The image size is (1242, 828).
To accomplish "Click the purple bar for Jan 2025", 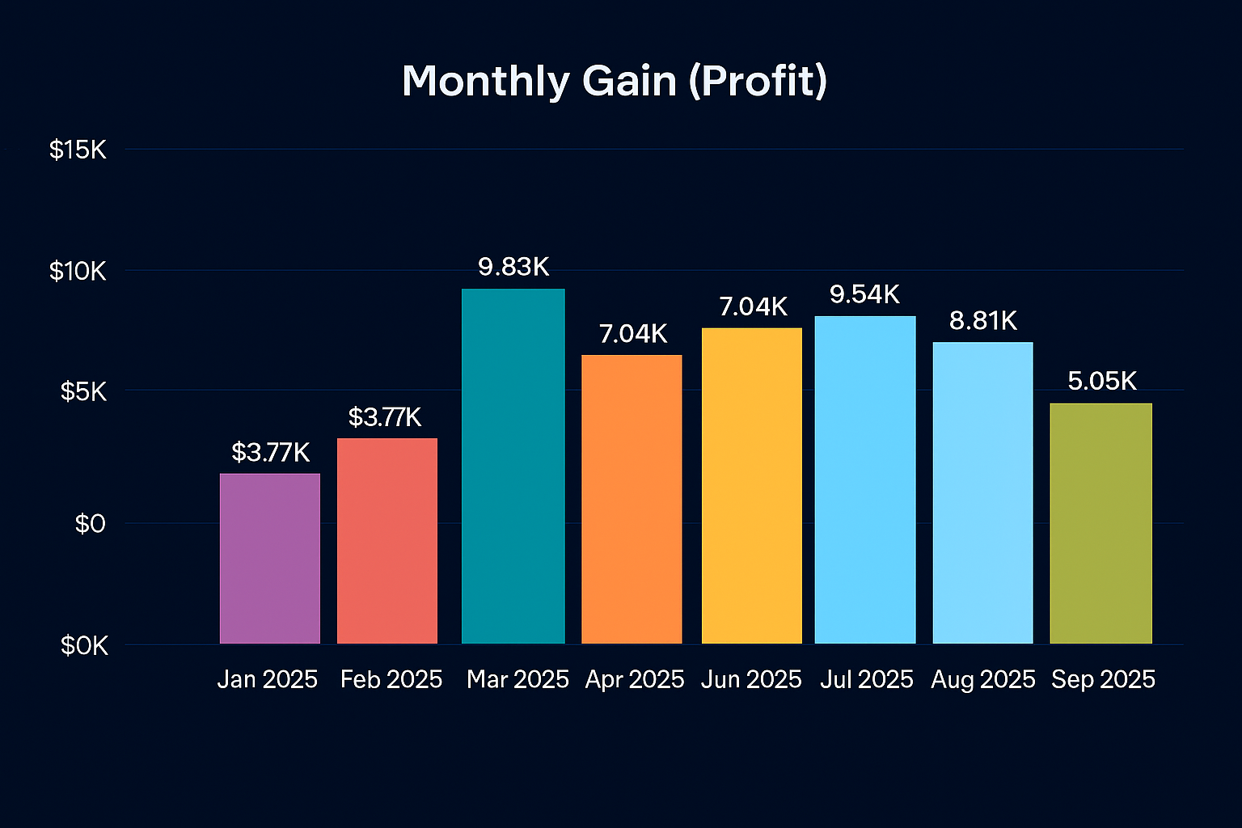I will (x=269, y=558).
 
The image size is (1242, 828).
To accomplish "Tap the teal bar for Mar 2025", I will (x=513, y=466).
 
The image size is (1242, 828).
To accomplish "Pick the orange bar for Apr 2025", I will (x=632, y=499).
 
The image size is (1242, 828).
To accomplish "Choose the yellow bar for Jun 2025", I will (x=751, y=485).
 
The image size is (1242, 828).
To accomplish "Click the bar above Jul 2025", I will (x=864, y=479).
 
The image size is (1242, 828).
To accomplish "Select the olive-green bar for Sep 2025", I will (x=1100, y=523).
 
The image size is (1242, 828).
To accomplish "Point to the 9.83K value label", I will (x=513, y=267).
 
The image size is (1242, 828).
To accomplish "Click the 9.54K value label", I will (x=864, y=294).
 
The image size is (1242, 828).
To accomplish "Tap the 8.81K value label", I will (x=982, y=321).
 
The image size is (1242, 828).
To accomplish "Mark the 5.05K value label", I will (x=1101, y=381).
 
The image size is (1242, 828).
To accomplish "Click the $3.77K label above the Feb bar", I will (x=385, y=417).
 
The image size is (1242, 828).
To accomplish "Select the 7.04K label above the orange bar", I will (x=633, y=333).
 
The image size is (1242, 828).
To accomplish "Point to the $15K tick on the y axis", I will (x=78, y=150).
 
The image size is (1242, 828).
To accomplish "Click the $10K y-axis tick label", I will (x=78, y=271).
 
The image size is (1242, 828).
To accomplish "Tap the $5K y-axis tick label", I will (x=83, y=392).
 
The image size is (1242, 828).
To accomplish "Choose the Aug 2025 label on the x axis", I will (x=982, y=679).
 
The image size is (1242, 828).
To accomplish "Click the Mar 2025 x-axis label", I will (x=517, y=679).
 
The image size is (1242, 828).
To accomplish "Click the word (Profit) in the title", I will (x=758, y=82).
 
